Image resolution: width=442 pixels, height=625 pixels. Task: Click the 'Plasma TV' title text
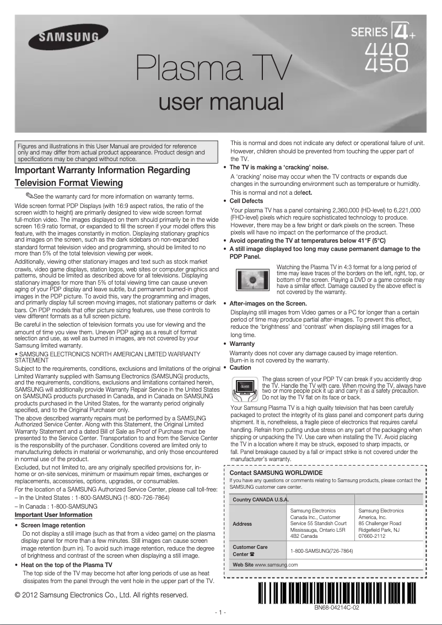click(214, 70)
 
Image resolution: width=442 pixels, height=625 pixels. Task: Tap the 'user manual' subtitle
click(221, 102)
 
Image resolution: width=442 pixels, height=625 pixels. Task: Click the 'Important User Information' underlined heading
click(53, 515)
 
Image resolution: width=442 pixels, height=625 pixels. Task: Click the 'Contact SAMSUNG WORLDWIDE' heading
click(276, 473)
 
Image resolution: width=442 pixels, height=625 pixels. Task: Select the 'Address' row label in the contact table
click(242, 523)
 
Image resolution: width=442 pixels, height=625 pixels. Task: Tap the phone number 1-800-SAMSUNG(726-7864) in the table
click(321, 551)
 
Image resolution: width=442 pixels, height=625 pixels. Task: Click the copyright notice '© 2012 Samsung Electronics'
click(101, 595)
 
